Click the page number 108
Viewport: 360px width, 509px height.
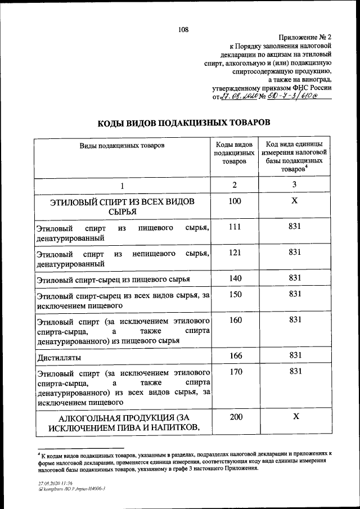(x=183, y=30)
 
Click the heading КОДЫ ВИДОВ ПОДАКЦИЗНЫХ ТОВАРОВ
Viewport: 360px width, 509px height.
(x=184, y=122)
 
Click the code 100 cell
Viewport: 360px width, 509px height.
(x=235, y=201)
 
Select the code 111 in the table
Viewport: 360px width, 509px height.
(x=235, y=227)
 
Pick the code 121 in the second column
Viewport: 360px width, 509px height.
(x=235, y=253)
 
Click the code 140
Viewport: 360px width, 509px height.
(x=235, y=278)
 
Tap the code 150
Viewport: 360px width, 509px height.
(x=235, y=294)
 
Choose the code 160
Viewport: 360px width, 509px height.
(x=235, y=319)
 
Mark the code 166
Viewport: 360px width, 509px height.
(x=235, y=355)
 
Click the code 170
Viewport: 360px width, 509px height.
(x=235, y=371)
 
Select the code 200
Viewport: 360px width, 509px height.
(x=235, y=417)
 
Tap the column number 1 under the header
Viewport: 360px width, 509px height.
(x=121, y=186)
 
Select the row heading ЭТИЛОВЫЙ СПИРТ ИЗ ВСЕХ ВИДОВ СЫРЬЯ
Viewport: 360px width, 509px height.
(x=122, y=206)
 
